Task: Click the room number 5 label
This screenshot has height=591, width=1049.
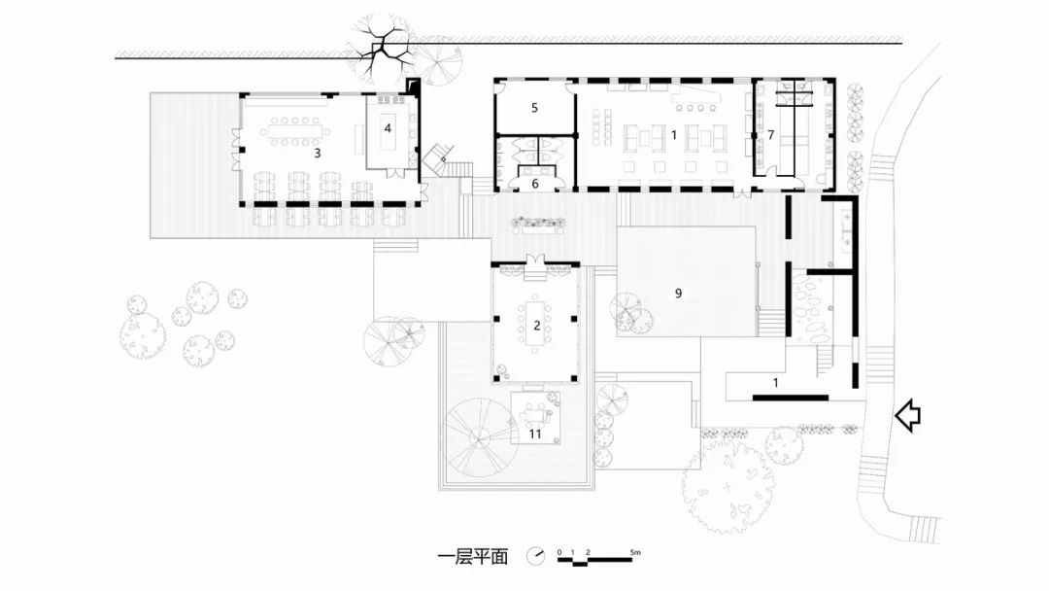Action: click(534, 108)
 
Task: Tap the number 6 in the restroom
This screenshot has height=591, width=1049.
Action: click(535, 184)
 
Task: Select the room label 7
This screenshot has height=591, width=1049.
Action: click(770, 135)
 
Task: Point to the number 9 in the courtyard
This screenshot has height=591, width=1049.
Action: click(678, 294)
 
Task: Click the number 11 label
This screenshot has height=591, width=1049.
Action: click(535, 435)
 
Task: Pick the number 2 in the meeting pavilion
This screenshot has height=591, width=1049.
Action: click(536, 326)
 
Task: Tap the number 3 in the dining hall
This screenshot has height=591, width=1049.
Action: click(317, 154)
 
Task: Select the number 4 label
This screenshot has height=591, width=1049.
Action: click(388, 128)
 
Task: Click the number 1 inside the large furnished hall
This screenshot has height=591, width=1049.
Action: click(674, 135)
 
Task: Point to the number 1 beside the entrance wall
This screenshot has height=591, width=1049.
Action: click(775, 383)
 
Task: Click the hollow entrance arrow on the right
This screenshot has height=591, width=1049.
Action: click(908, 415)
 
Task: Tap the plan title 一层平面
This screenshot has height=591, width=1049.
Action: click(473, 556)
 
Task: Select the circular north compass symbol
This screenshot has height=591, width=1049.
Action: click(536, 556)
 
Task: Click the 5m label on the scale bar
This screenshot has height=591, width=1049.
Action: click(635, 552)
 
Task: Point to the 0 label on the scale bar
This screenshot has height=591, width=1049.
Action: click(559, 552)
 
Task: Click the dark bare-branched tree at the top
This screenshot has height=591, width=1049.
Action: click(380, 52)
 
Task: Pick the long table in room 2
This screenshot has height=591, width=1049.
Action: click(536, 325)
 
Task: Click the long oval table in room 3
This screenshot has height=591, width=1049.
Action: click(295, 132)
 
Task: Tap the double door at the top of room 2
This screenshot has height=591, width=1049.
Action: click(536, 261)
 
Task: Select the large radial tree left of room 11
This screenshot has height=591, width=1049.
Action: click(481, 437)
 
